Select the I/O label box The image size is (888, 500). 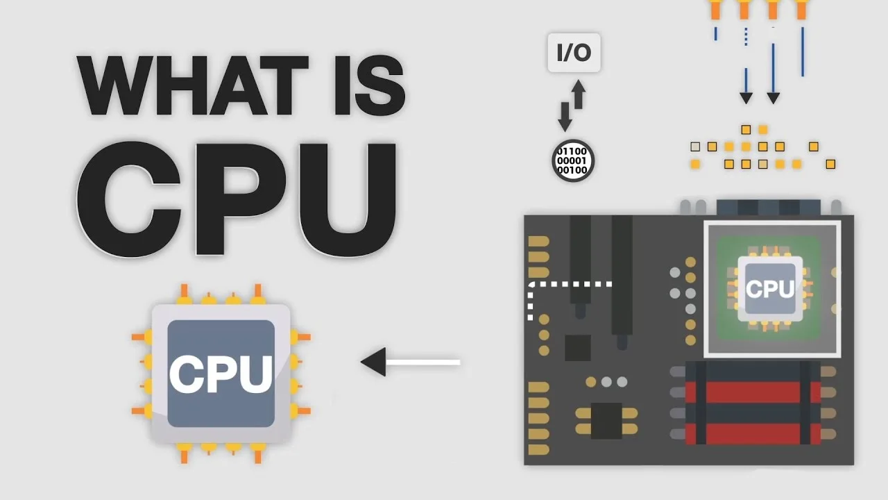[x=574, y=53]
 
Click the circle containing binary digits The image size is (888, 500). [x=573, y=160]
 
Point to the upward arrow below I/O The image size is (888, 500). [x=578, y=93]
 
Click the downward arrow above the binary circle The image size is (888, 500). [x=565, y=117]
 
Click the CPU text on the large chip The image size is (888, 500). [x=221, y=373]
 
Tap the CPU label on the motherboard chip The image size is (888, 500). [x=770, y=288]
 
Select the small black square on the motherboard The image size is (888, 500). [x=577, y=347]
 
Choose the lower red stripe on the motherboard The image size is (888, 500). [x=753, y=433]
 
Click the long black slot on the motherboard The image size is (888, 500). [x=622, y=278]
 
